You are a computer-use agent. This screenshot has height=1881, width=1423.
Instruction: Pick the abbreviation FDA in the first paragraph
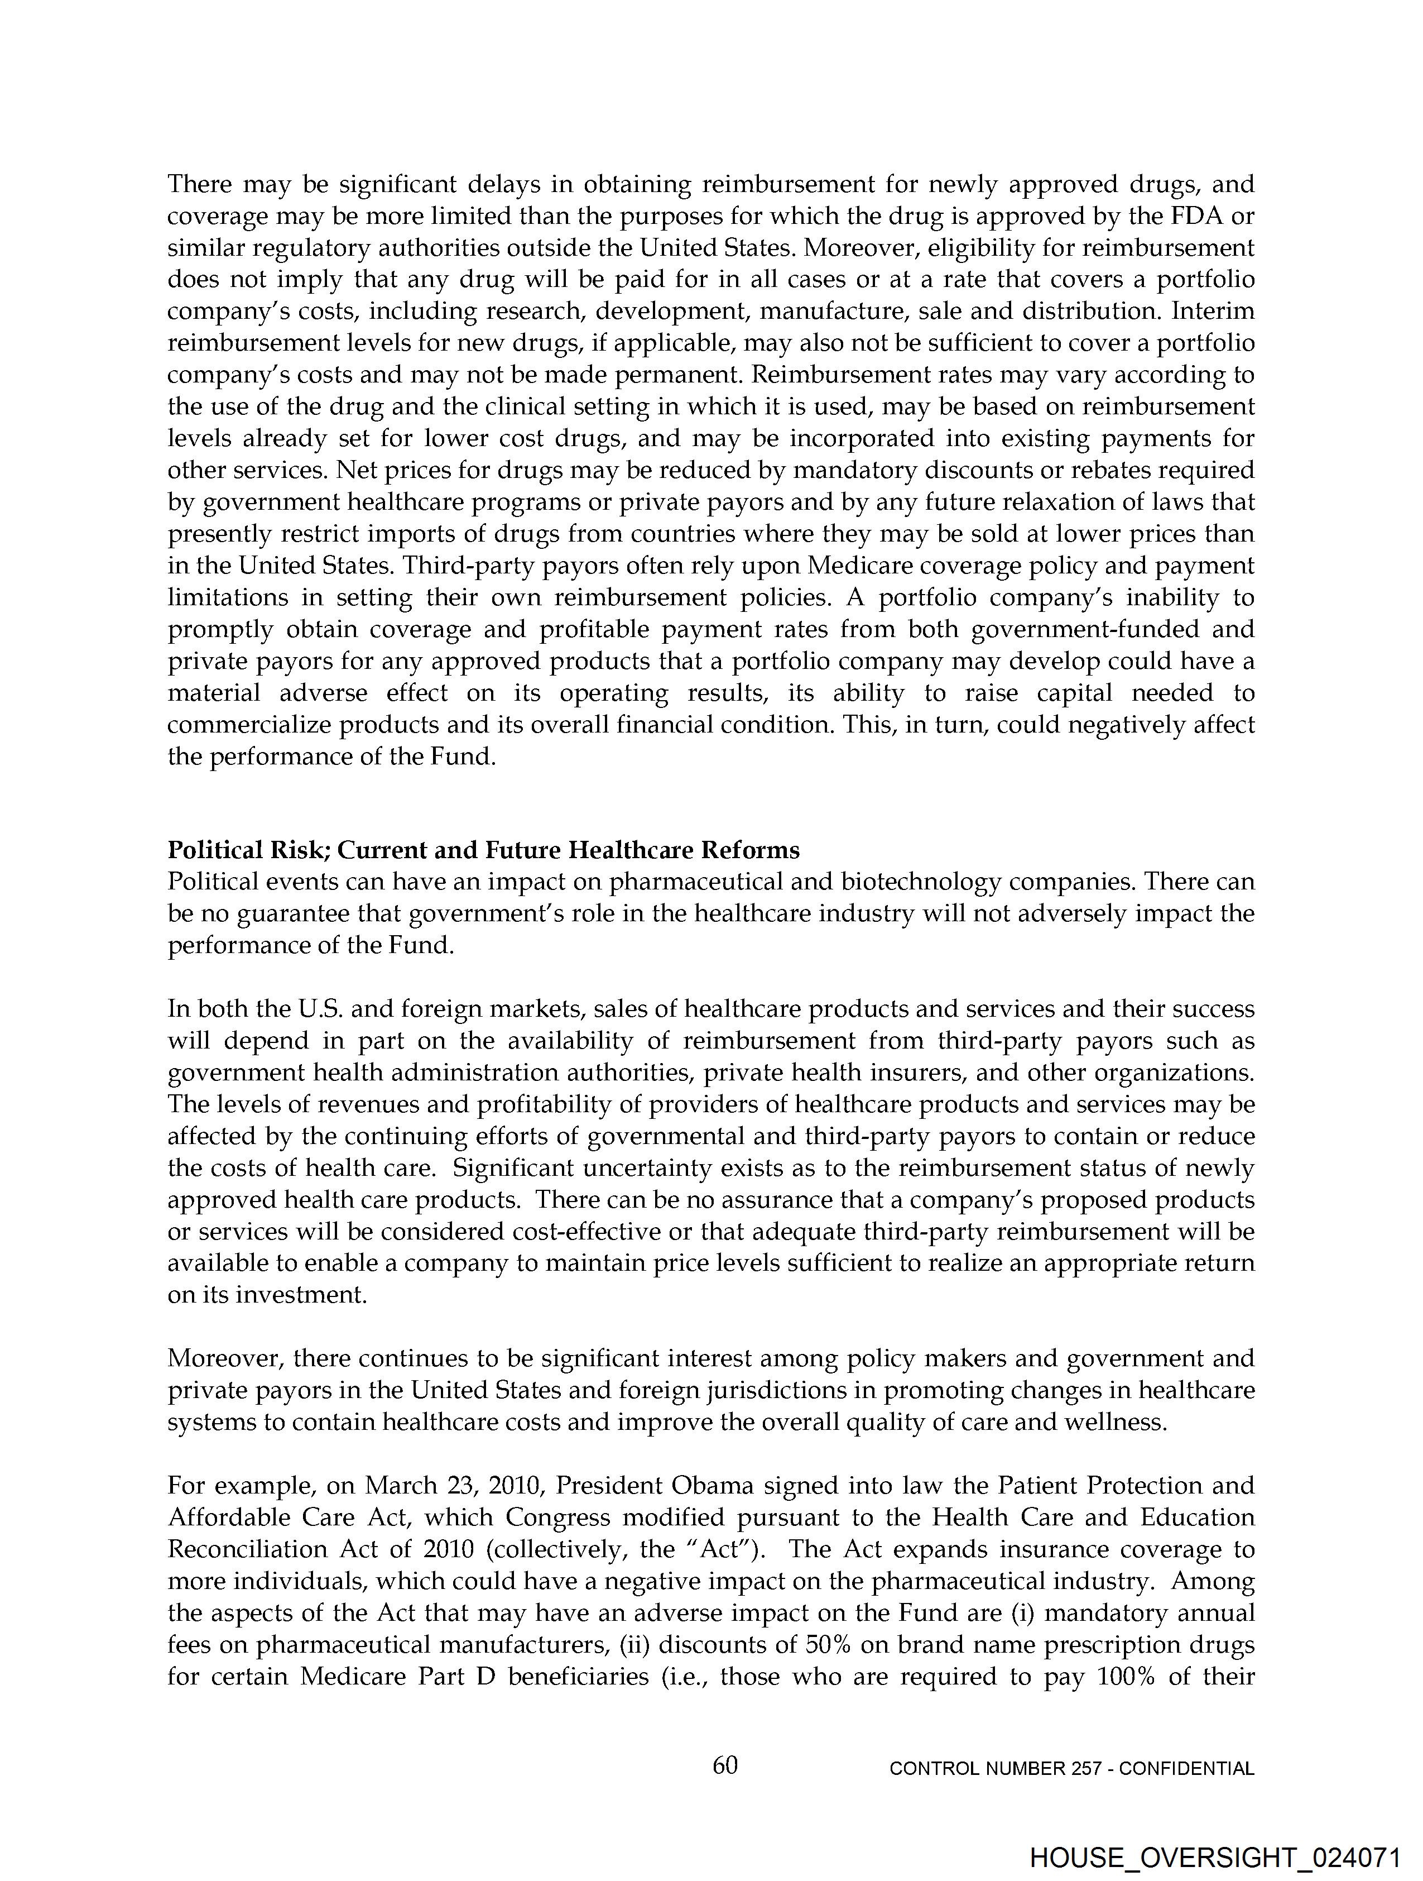click(x=1198, y=216)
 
